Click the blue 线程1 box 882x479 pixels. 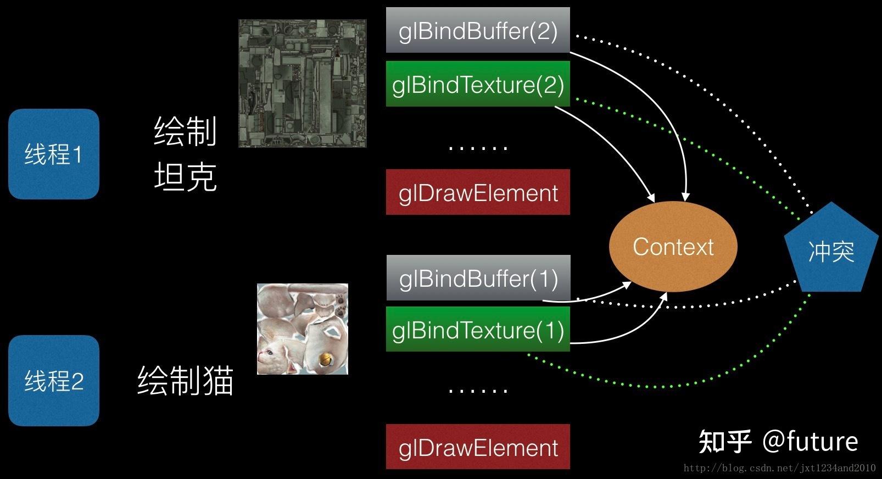coord(53,154)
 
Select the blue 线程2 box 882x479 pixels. coord(53,380)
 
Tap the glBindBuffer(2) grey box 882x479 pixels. coord(478,30)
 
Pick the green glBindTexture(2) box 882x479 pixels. coord(478,84)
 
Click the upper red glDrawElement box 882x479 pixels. coord(478,192)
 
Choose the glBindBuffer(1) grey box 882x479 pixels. coord(478,278)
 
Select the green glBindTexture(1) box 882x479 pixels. coord(478,330)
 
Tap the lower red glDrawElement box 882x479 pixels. coord(478,447)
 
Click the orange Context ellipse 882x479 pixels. coord(673,247)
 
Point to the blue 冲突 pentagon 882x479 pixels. coord(831,250)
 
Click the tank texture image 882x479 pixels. coord(302,83)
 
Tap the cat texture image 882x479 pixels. coord(302,328)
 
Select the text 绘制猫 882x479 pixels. coord(185,380)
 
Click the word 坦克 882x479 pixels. coord(185,177)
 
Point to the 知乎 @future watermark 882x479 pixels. coord(778,441)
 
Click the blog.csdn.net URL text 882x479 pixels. coord(779,468)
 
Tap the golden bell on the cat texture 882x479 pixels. coord(326,360)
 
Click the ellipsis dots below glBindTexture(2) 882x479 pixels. coord(478,147)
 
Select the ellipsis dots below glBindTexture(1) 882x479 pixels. coord(478,390)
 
